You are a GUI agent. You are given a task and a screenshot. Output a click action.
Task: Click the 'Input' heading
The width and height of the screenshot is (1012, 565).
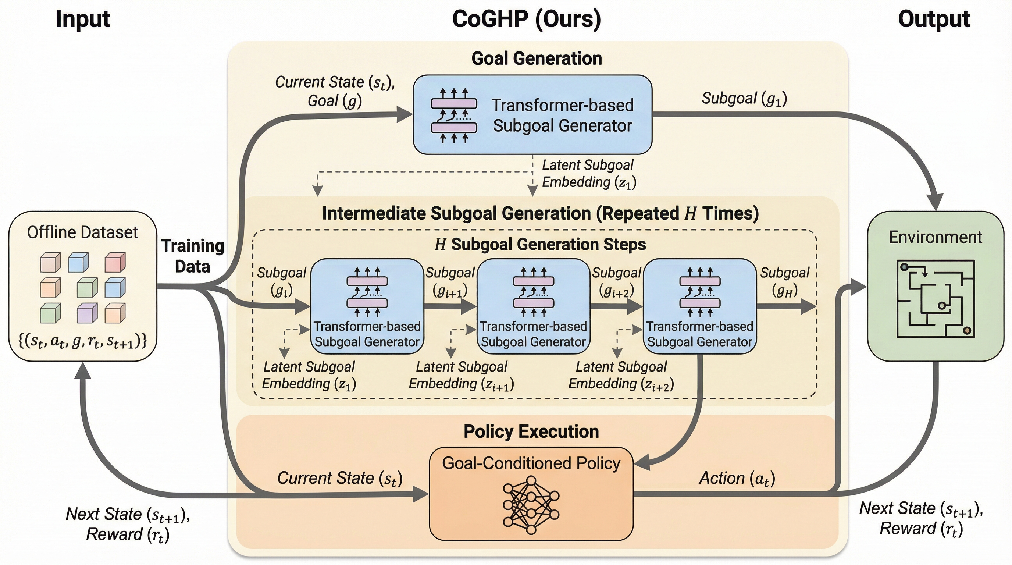82,19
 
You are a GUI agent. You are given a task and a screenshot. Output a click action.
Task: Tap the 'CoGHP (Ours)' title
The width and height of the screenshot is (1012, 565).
527,19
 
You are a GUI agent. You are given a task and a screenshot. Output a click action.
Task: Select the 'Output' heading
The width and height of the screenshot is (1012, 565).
933,19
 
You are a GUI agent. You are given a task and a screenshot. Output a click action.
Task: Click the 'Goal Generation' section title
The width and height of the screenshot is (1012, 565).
537,58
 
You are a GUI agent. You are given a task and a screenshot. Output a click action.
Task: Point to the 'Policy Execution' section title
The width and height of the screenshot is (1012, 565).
531,431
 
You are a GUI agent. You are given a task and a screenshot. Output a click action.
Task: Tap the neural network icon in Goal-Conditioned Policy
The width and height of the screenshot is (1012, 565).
531,505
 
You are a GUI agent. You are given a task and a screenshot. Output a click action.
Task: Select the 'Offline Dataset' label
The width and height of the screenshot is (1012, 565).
82,232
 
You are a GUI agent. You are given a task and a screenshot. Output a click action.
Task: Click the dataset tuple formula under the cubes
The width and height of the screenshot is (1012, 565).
82,341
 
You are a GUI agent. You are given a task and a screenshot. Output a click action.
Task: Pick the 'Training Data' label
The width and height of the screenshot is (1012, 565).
192,256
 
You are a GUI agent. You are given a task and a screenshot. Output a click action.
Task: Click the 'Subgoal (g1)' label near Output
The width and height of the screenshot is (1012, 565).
744,99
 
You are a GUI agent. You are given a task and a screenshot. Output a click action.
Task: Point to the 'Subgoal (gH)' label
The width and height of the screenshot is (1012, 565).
784,281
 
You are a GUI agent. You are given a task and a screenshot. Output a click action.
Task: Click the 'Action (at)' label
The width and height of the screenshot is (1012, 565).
737,479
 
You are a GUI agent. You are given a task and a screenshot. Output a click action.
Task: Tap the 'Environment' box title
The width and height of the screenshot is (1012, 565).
935,237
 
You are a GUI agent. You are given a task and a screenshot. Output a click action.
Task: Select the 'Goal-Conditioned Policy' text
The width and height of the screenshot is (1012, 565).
531,463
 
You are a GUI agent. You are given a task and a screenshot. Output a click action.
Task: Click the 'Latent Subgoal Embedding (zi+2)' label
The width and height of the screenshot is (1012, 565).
621,376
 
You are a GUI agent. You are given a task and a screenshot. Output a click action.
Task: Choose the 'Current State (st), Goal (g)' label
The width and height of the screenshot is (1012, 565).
335,92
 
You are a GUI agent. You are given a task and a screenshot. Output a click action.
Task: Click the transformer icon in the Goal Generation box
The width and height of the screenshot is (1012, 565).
454,116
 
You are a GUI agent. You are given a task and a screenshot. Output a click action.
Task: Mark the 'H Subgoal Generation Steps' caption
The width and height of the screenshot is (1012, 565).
540,244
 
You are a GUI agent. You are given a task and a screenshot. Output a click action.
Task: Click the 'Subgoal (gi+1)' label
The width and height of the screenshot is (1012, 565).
450,281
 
